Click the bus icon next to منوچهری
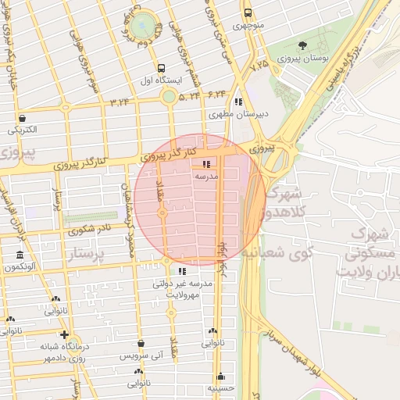click(248, 13)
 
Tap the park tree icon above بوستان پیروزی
click(302, 45)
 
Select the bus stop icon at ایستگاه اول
click(161, 68)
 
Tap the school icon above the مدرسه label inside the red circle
click(206, 165)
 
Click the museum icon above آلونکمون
click(20, 255)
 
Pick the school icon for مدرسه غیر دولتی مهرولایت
click(182, 271)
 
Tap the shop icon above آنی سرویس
click(141, 343)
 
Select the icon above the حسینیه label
click(221, 376)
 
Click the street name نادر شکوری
click(90, 230)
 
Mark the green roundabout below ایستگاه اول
click(169, 96)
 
